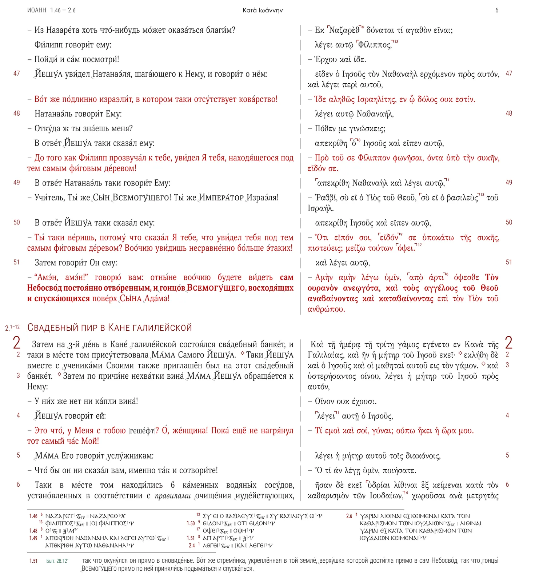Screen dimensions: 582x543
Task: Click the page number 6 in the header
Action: [x=497, y=11]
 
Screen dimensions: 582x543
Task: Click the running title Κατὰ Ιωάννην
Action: [x=263, y=11]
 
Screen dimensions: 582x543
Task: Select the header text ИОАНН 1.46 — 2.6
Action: [x=51, y=11]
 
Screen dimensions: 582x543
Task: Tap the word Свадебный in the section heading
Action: [x=53, y=327]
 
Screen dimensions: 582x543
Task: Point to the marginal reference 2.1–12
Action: [x=12, y=327]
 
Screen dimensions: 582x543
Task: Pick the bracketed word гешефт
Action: [x=142, y=431]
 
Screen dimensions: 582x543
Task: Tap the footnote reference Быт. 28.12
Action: [x=57, y=561]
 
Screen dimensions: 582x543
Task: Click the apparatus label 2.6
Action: [x=349, y=516]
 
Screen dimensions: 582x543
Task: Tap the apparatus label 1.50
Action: [x=191, y=523]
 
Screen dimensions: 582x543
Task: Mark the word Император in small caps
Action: [x=221, y=198]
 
